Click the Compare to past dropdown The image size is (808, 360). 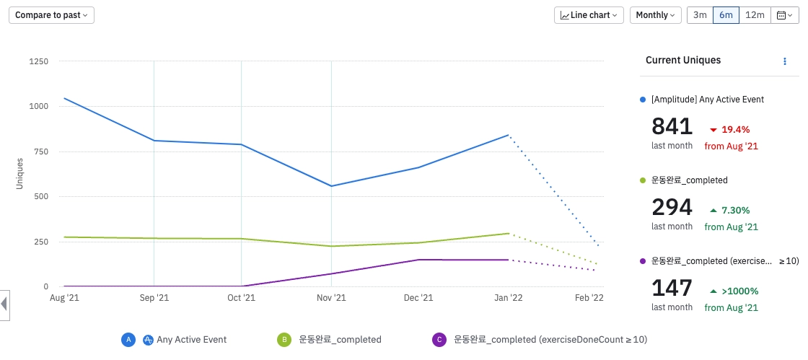point(51,14)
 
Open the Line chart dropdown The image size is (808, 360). point(589,14)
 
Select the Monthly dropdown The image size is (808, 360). point(655,14)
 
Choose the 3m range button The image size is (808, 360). point(700,14)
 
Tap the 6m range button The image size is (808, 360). point(726,14)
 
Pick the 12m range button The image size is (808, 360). point(755,14)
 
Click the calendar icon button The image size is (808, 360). point(784,14)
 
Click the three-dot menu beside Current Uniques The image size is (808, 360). point(785,61)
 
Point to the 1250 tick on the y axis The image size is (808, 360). point(38,61)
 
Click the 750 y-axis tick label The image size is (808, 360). point(41,152)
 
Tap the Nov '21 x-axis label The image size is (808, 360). point(331,297)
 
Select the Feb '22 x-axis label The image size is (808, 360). point(589,297)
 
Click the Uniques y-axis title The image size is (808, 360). point(20,174)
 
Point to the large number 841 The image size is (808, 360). point(672,126)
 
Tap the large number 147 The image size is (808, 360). point(672,288)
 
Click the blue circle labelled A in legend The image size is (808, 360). point(128,339)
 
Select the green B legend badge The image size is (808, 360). point(284,339)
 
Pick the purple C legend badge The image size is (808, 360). point(439,339)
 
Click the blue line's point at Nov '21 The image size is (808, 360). point(331,186)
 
